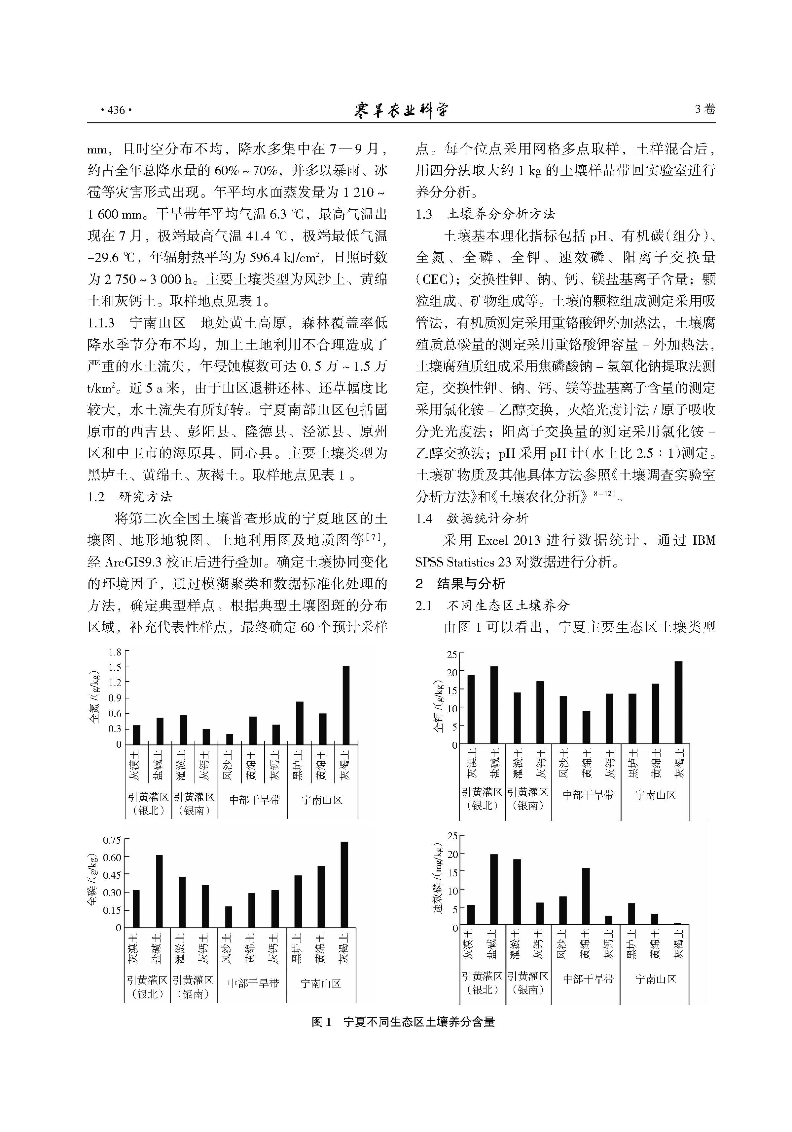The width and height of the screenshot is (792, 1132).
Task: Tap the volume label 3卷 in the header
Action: (x=705, y=109)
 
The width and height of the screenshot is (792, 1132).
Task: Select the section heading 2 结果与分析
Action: (x=460, y=584)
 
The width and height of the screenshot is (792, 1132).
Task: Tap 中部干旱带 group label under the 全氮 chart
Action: (x=254, y=800)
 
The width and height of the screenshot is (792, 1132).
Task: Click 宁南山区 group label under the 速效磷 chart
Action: (x=656, y=979)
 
